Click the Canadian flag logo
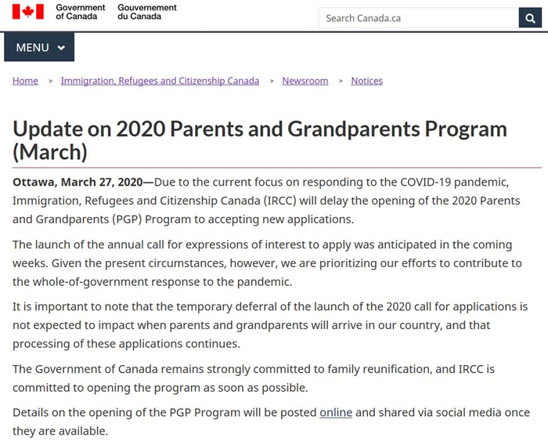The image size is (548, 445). [27, 12]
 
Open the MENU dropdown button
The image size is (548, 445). [39, 48]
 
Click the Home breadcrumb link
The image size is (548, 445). [25, 81]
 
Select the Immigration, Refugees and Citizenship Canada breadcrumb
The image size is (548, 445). [160, 81]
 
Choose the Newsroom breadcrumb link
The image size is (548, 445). [305, 81]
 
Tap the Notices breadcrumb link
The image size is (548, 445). [366, 81]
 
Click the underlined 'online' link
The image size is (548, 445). [336, 412]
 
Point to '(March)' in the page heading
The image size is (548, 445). [50, 151]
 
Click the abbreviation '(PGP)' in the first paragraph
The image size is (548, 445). [127, 219]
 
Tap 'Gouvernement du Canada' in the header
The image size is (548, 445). [147, 12]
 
